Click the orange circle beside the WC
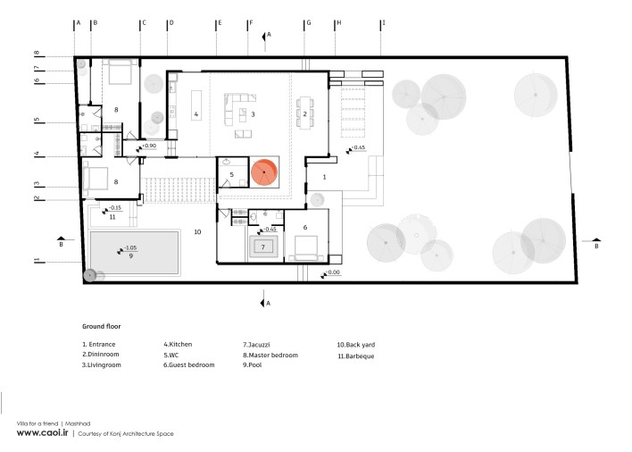264,172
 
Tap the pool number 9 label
131,256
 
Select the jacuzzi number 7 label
263,247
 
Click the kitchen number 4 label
196,114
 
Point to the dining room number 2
305,114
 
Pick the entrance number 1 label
324,177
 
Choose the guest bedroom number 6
305,228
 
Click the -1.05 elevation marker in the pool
127,249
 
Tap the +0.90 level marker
146,146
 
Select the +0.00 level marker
330,273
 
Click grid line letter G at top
309,23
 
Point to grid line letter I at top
384,23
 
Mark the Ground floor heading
102,326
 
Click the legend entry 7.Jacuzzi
256,345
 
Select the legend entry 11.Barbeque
356,356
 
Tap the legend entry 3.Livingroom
102,365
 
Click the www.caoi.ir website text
42,432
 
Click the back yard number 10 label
197,232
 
